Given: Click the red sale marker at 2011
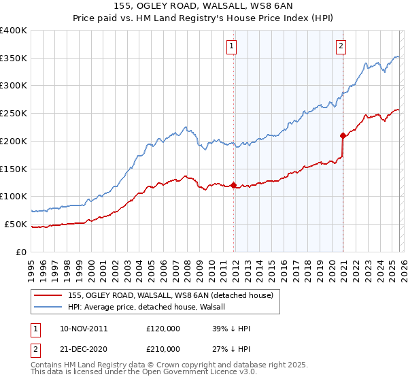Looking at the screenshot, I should [233, 185].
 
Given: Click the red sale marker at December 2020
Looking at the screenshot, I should [343, 135].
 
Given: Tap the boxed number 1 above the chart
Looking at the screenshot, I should [232, 46].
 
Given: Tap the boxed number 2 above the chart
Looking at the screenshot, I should [340, 46].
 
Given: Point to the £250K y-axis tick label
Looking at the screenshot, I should [14, 113].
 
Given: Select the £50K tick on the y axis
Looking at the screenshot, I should [16, 224].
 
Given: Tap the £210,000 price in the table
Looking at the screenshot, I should [163, 348].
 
